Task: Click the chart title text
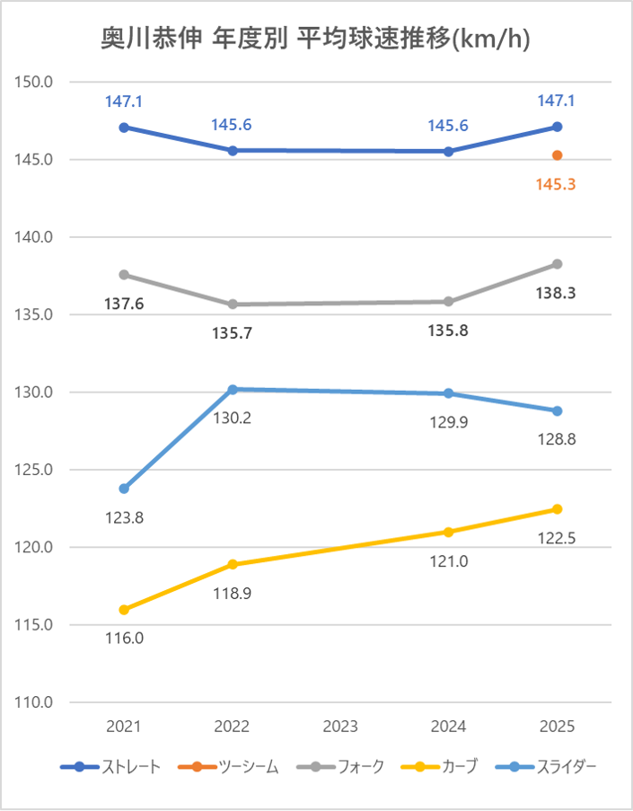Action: (316, 39)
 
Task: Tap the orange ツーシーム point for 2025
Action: (557, 155)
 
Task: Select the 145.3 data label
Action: (557, 184)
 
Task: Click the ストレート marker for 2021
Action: (124, 128)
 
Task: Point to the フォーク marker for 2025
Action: (557, 264)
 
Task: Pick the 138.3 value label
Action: (557, 293)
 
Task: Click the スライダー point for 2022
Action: (233, 389)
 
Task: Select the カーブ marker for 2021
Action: (124, 610)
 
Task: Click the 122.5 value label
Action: (557, 538)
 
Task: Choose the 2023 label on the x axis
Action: (340, 727)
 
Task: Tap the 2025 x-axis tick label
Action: (557, 727)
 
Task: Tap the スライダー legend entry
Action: (551, 766)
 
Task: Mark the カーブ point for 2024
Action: (448, 532)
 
